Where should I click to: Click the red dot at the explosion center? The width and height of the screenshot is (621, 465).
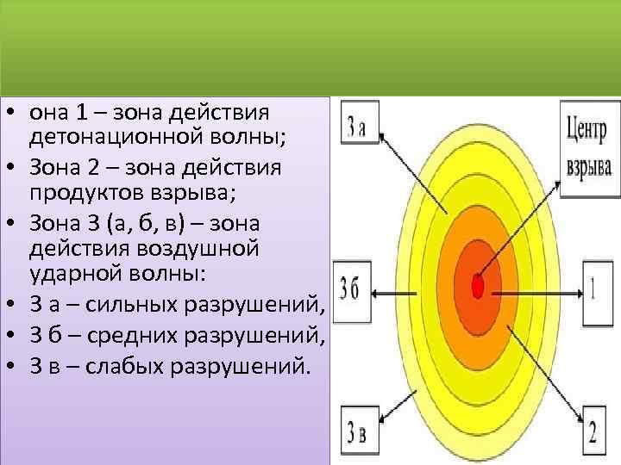[478, 287]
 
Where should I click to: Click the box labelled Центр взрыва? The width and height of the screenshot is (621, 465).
[590, 150]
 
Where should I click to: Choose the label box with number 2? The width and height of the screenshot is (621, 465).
[592, 431]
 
